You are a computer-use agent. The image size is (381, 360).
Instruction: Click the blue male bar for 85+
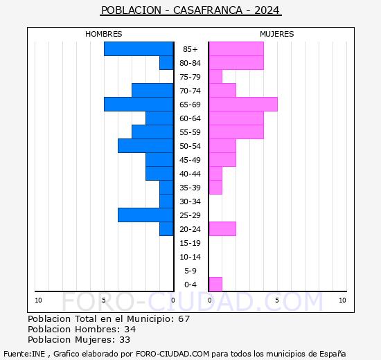tap(139, 48)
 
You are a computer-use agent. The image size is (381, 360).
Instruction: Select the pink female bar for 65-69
tap(242, 104)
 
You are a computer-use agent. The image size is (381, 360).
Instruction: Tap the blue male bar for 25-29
tap(145, 215)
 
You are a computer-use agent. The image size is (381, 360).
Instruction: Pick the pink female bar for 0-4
tap(215, 284)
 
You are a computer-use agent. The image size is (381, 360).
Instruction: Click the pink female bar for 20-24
tap(222, 228)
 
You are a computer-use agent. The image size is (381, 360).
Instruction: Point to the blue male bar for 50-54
tap(145, 145)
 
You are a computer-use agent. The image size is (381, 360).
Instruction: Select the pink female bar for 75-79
tap(215, 76)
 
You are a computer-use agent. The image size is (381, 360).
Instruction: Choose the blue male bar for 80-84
tap(166, 62)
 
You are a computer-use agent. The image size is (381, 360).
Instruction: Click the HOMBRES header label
tap(104, 34)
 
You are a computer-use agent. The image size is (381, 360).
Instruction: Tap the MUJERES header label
tap(277, 34)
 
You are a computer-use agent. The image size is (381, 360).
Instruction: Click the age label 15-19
tap(190, 243)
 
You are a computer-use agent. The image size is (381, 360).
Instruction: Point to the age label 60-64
tap(190, 118)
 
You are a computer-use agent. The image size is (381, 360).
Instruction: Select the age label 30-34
tap(190, 201)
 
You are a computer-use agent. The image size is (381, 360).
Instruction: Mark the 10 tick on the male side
tap(38, 300)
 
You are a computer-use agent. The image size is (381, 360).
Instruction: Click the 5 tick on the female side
tap(276, 300)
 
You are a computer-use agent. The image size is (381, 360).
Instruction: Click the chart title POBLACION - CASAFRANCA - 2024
tap(190, 10)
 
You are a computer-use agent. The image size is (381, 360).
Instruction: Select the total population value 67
tap(184, 319)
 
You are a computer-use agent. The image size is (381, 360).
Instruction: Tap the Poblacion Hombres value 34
tap(130, 330)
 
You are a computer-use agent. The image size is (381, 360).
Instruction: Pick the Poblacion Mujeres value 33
tap(124, 340)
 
